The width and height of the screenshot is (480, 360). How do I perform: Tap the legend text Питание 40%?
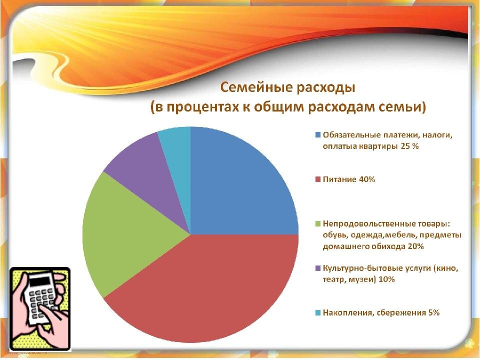[349, 179]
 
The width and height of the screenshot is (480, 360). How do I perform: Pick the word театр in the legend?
[334, 279]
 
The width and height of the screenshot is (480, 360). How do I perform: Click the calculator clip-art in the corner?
[40, 307]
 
